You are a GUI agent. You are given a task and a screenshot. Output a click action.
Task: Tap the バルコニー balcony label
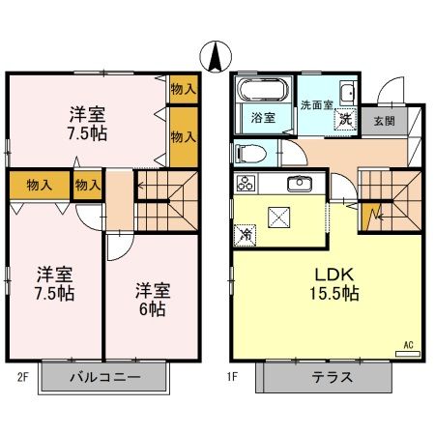tap(103, 377)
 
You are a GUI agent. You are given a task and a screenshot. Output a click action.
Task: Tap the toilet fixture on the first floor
tap(249, 153)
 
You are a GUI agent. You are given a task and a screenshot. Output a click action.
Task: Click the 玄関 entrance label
tap(385, 121)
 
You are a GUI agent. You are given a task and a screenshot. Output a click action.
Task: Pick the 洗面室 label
tap(316, 104)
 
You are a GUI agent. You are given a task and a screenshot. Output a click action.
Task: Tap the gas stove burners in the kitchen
tap(245, 183)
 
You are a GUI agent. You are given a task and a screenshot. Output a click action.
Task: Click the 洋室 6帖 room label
tap(150, 299)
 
